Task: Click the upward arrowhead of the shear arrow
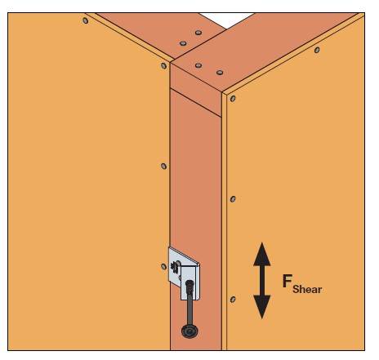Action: [262, 255]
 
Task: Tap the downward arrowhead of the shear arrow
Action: [262, 306]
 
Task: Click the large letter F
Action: [288, 281]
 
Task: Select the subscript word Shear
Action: [307, 289]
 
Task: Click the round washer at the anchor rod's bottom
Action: [189, 331]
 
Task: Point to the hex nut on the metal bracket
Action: [189, 286]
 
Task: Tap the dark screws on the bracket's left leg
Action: [174, 268]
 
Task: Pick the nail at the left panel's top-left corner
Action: [86, 20]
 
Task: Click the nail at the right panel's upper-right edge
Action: [317, 50]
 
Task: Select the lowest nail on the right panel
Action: [233, 300]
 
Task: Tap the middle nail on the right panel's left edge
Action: [233, 199]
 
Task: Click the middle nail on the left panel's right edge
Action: [163, 167]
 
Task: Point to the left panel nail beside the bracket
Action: [163, 267]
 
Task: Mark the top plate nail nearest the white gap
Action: [198, 33]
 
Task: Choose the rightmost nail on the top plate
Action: [220, 73]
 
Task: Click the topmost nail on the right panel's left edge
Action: [233, 99]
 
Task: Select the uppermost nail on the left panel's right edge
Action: [163, 65]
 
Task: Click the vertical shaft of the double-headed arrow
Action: [262, 281]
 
